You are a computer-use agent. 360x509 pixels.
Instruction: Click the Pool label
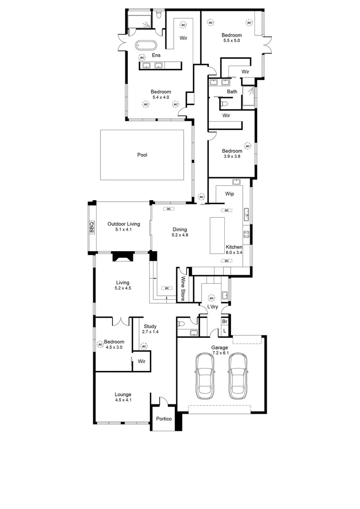pos(142,155)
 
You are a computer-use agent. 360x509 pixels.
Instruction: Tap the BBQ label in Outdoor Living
pos(91,228)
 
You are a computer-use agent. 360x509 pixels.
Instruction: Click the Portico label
pos(164,419)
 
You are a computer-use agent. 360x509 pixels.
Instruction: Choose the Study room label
pos(150,326)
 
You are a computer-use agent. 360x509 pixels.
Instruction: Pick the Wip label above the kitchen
pos(229,194)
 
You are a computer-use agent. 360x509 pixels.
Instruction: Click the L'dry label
pos(212,307)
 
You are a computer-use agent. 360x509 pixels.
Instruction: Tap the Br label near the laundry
pos(225,321)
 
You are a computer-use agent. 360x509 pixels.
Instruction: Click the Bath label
pos(232,91)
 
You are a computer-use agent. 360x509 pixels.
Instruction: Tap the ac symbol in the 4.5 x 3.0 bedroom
pos(100,345)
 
